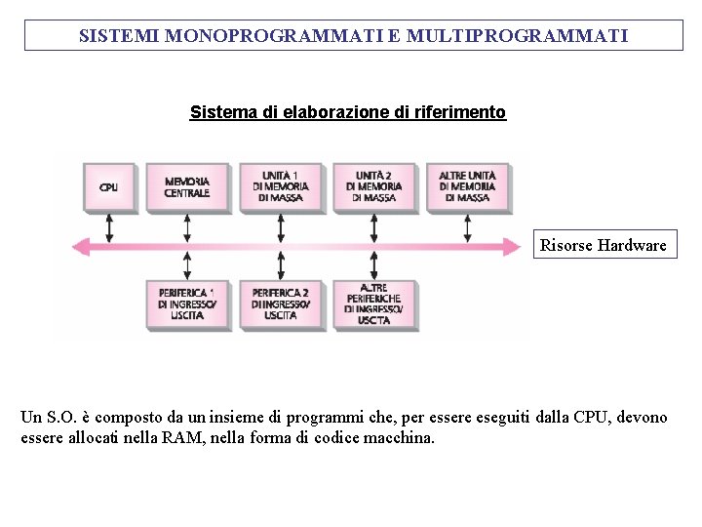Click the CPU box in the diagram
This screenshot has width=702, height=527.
108,186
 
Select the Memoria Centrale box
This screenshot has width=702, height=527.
186,186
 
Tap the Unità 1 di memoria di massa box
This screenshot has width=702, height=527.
280,185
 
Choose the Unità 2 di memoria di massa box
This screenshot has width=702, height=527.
373,185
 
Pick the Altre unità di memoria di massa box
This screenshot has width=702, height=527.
467,185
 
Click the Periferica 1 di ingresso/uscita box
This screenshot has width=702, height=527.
186,304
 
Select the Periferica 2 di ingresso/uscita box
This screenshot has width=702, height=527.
280,304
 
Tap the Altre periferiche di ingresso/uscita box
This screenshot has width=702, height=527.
373,304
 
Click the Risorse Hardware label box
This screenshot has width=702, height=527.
604,245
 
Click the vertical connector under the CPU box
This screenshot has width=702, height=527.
109,227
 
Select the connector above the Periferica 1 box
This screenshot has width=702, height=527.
187,265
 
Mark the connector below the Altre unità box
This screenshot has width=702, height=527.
467,227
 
